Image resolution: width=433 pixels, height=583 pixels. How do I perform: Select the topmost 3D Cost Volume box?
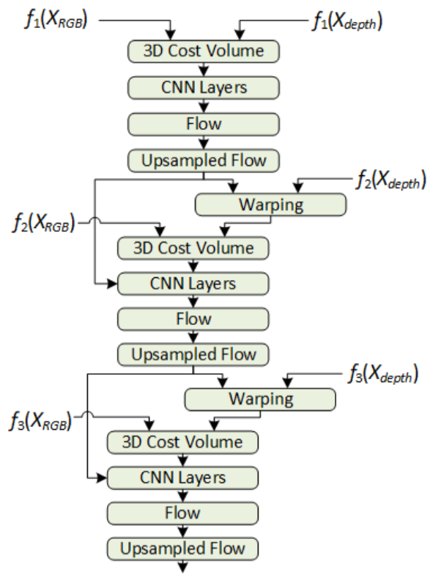(x=204, y=51)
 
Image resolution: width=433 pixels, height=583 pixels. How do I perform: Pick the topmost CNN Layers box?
(x=204, y=87)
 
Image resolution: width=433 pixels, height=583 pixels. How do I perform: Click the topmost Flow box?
(x=204, y=122)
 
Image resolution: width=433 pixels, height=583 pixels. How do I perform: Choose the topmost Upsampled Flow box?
(x=204, y=158)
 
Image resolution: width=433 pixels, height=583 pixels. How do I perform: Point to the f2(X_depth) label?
(x=389, y=179)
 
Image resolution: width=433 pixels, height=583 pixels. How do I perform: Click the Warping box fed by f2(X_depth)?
(x=270, y=205)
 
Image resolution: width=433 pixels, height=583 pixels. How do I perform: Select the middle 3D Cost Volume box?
(x=193, y=248)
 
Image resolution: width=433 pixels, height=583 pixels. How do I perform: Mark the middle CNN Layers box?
(x=193, y=283)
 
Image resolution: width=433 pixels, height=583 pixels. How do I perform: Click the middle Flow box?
(x=193, y=319)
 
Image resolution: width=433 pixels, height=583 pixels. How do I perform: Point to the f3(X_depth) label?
(x=381, y=375)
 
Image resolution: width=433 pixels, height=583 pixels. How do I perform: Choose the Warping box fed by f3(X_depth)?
(x=259, y=400)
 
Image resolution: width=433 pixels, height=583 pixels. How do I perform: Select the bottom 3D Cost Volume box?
(x=183, y=442)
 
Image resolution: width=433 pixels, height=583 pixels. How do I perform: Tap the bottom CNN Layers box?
(x=183, y=478)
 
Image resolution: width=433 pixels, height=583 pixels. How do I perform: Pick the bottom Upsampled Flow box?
(x=183, y=548)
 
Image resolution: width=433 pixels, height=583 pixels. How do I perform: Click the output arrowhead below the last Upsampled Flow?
(x=183, y=568)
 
